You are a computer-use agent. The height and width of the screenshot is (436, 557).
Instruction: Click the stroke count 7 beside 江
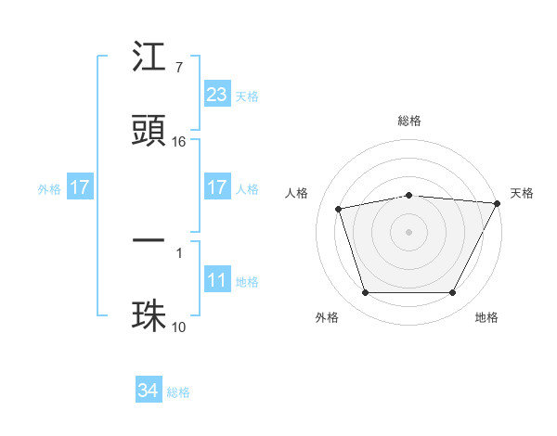(179, 68)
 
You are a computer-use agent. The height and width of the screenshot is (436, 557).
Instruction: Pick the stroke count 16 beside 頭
(179, 141)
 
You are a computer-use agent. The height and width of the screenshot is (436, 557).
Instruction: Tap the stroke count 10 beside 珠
(179, 326)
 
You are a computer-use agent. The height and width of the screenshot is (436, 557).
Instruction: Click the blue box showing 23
(216, 95)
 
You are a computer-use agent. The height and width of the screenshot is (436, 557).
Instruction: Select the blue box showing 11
(216, 280)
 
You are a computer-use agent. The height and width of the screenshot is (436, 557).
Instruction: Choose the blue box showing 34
(149, 391)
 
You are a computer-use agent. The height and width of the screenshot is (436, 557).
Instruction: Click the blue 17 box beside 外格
(80, 187)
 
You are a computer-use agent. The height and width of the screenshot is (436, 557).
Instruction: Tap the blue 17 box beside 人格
(216, 187)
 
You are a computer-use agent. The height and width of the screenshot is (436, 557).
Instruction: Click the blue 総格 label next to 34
(178, 392)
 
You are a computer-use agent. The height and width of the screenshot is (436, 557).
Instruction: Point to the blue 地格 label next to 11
(247, 282)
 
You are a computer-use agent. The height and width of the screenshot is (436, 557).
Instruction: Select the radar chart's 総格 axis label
(409, 121)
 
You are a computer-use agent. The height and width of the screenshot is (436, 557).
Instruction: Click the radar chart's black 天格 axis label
(522, 193)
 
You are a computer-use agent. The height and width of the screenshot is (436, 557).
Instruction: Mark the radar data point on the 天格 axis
(498, 203)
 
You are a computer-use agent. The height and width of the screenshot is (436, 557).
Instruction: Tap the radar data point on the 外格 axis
(365, 293)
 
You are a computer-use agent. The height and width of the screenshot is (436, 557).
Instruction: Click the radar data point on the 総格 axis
(409, 195)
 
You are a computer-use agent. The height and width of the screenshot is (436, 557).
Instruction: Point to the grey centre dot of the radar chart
(409, 232)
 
